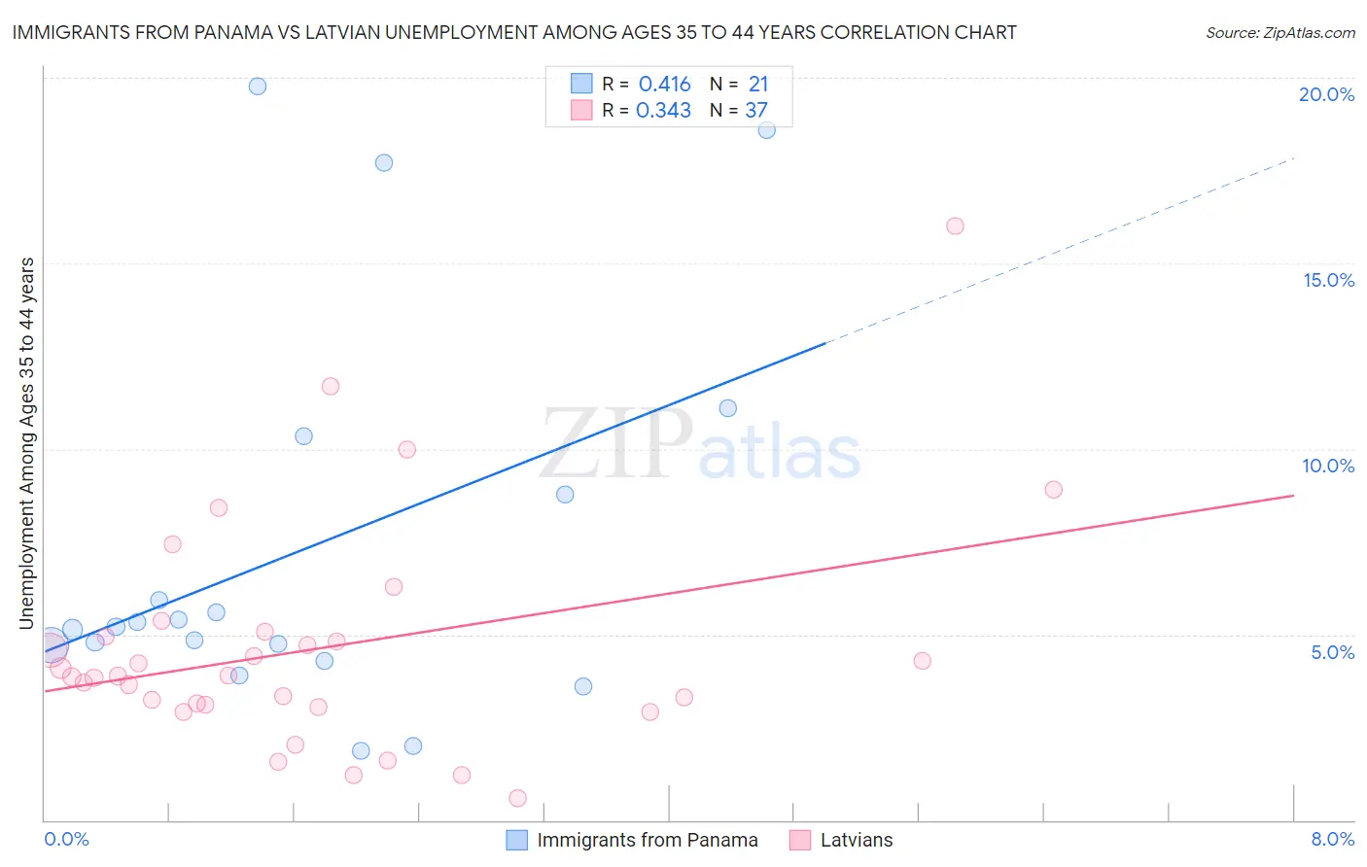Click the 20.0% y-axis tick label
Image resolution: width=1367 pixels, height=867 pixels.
(x=1326, y=94)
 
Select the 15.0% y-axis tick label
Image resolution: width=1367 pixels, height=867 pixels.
(x=1328, y=280)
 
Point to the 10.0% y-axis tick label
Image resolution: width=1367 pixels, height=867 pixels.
(x=1328, y=466)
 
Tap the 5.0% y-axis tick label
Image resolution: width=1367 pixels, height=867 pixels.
(x=1332, y=652)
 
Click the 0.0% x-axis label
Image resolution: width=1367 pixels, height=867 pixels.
(x=66, y=839)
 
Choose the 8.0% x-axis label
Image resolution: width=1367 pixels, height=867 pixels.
(x=1332, y=839)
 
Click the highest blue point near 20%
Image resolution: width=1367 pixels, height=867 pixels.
(x=258, y=87)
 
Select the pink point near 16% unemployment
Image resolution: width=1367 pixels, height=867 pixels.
(x=955, y=226)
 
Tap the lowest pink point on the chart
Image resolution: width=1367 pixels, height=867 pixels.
(x=517, y=798)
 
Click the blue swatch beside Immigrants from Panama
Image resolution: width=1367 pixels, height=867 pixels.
(x=517, y=840)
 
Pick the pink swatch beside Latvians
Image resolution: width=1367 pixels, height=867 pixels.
(x=800, y=840)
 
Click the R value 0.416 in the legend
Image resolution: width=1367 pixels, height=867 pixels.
(x=665, y=85)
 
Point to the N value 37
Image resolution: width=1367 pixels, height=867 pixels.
(x=756, y=111)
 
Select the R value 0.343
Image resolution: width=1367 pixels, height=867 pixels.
(x=663, y=111)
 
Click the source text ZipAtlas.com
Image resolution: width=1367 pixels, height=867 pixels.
(x=1279, y=33)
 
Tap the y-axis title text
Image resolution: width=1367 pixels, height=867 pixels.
(x=27, y=443)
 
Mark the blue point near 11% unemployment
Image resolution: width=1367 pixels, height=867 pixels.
(x=728, y=408)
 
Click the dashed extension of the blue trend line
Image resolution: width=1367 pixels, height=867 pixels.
(x=1060, y=250)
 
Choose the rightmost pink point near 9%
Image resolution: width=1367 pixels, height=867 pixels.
(x=1054, y=490)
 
